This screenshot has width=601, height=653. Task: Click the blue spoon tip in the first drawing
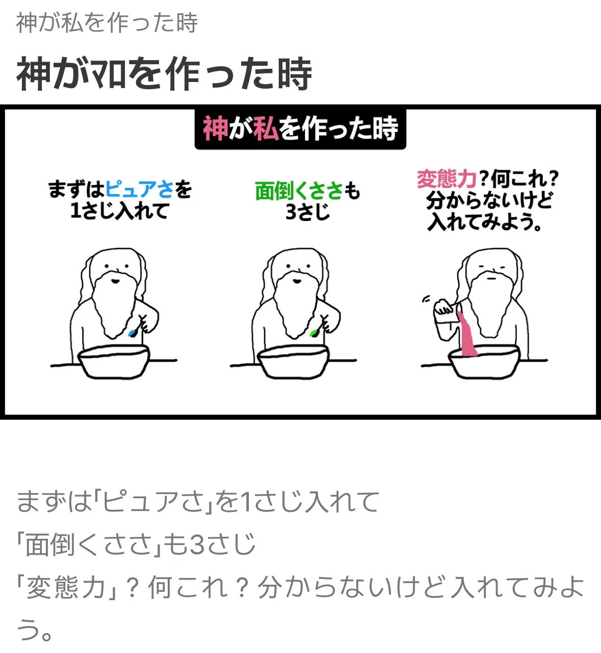click(x=133, y=333)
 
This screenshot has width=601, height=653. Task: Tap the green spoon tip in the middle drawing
click(x=314, y=333)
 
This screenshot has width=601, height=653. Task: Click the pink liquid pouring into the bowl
click(x=467, y=334)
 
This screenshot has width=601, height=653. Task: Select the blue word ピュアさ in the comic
click(x=139, y=189)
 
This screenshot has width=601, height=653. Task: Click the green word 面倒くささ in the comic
click(x=299, y=191)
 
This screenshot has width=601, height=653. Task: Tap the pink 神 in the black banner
click(x=215, y=128)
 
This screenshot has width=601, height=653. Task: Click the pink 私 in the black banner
click(x=266, y=128)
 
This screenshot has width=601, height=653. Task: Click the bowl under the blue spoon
click(x=114, y=362)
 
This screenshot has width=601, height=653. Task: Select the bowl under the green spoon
click(x=293, y=362)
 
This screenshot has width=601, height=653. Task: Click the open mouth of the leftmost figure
click(x=115, y=281)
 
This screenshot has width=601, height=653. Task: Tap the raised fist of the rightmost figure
click(x=443, y=307)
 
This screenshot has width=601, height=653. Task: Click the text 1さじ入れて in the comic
click(x=120, y=211)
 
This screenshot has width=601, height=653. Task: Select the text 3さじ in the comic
click(x=308, y=212)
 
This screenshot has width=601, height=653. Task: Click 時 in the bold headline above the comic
click(x=295, y=73)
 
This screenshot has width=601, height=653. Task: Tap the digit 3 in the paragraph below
click(x=198, y=544)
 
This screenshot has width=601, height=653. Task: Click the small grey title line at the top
click(x=107, y=23)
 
